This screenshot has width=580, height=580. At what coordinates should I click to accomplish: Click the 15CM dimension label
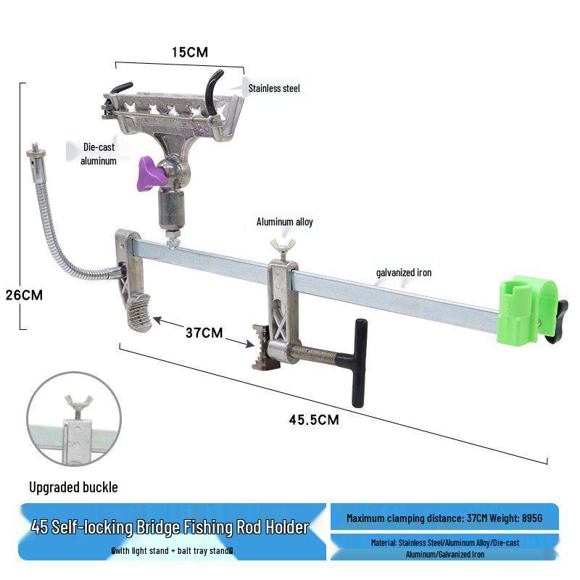(x=190, y=52)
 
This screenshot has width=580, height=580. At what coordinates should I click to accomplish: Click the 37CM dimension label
(x=204, y=333)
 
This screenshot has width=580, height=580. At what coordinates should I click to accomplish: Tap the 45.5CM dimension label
(x=314, y=418)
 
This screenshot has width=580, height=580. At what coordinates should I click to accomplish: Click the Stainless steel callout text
(x=274, y=88)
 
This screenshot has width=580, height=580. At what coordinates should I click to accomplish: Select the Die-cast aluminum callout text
(x=99, y=154)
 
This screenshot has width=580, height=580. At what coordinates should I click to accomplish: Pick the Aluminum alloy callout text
(x=285, y=222)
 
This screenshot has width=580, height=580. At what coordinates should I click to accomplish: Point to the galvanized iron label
(x=404, y=273)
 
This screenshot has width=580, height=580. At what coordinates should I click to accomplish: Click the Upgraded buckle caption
(x=73, y=487)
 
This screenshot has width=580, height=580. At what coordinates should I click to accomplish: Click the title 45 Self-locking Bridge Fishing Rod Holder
(x=170, y=527)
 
